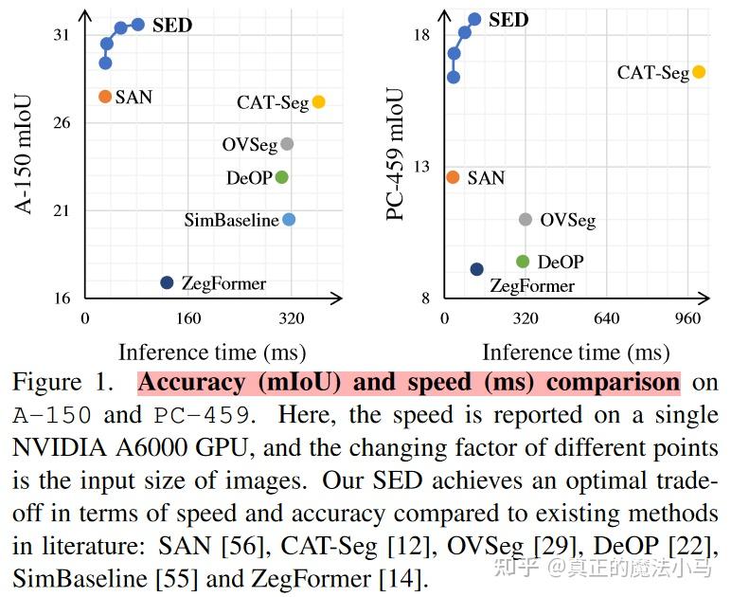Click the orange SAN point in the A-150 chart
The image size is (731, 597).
click(105, 97)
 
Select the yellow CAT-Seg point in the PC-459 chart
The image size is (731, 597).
click(699, 72)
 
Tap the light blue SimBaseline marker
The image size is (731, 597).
click(289, 220)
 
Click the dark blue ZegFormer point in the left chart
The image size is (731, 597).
click(168, 282)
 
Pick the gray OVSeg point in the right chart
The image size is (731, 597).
click(526, 220)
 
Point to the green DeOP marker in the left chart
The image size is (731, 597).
click(281, 177)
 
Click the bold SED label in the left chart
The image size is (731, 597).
click(171, 25)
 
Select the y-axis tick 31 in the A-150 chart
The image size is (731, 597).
click(62, 35)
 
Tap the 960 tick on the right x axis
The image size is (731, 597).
click(687, 317)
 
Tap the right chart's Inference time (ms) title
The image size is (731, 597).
click(575, 353)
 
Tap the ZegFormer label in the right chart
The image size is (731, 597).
click(531, 285)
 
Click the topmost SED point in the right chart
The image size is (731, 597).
click(474, 19)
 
